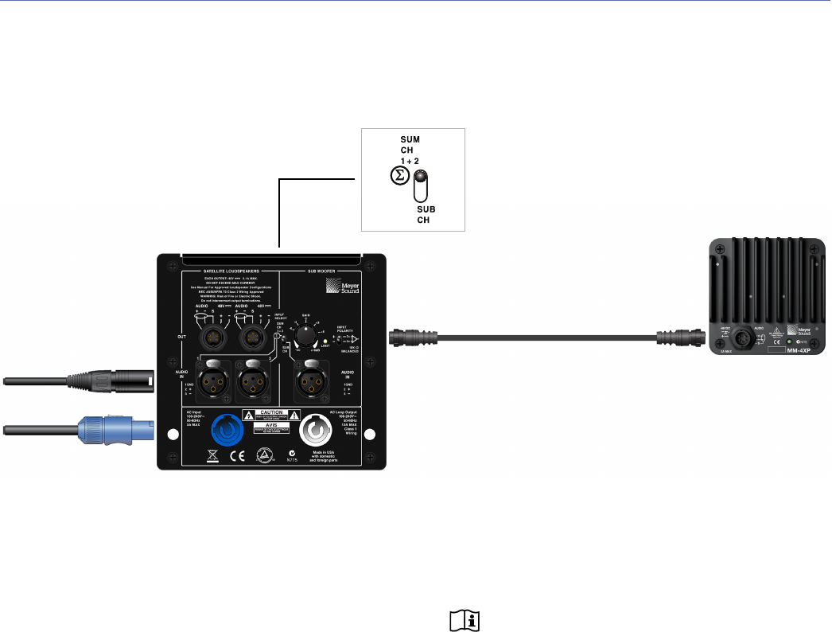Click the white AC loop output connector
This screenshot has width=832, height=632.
coord(318,434)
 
